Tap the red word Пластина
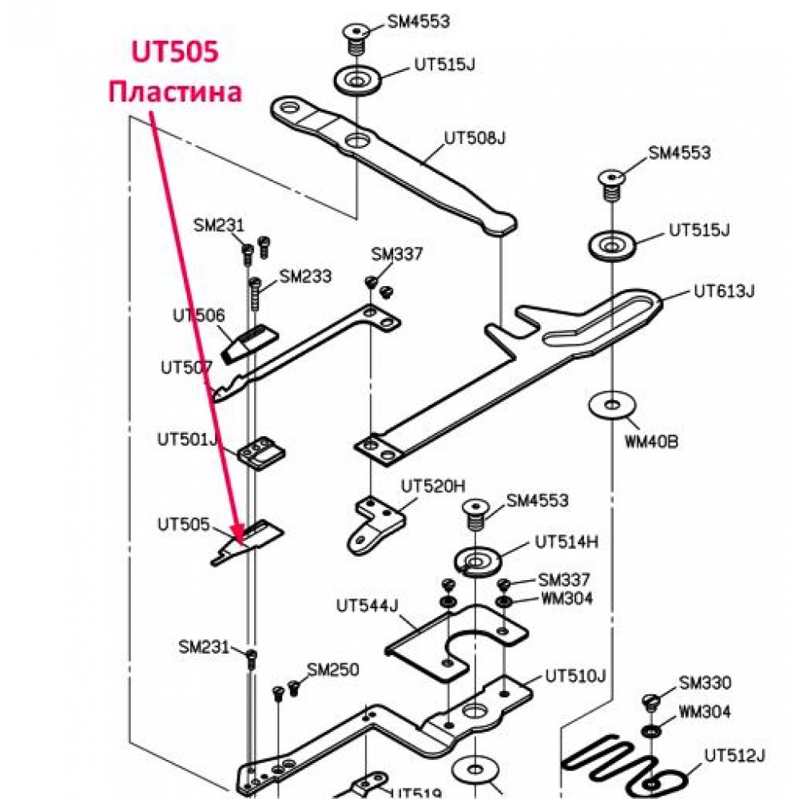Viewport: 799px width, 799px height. (x=175, y=92)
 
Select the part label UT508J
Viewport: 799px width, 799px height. (x=475, y=138)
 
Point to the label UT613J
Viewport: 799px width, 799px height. (x=724, y=292)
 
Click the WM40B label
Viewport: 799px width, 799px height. (x=652, y=441)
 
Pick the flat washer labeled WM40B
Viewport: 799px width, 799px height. (x=612, y=406)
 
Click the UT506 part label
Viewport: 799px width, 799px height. (x=199, y=316)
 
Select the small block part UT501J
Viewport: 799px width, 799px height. (x=261, y=454)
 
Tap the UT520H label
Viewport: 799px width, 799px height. (x=433, y=486)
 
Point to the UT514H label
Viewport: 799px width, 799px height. (x=566, y=543)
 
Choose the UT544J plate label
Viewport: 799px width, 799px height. (x=367, y=606)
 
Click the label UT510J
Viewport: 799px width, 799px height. (x=575, y=676)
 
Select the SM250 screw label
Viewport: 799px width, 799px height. (x=333, y=670)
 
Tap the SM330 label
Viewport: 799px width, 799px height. (x=706, y=682)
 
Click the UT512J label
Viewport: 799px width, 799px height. (x=735, y=755)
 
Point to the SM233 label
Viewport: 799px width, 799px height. (x=305, y=276)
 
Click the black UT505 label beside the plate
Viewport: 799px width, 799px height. (x=184, y=524)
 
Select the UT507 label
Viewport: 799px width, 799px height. (x=186, y=368)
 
